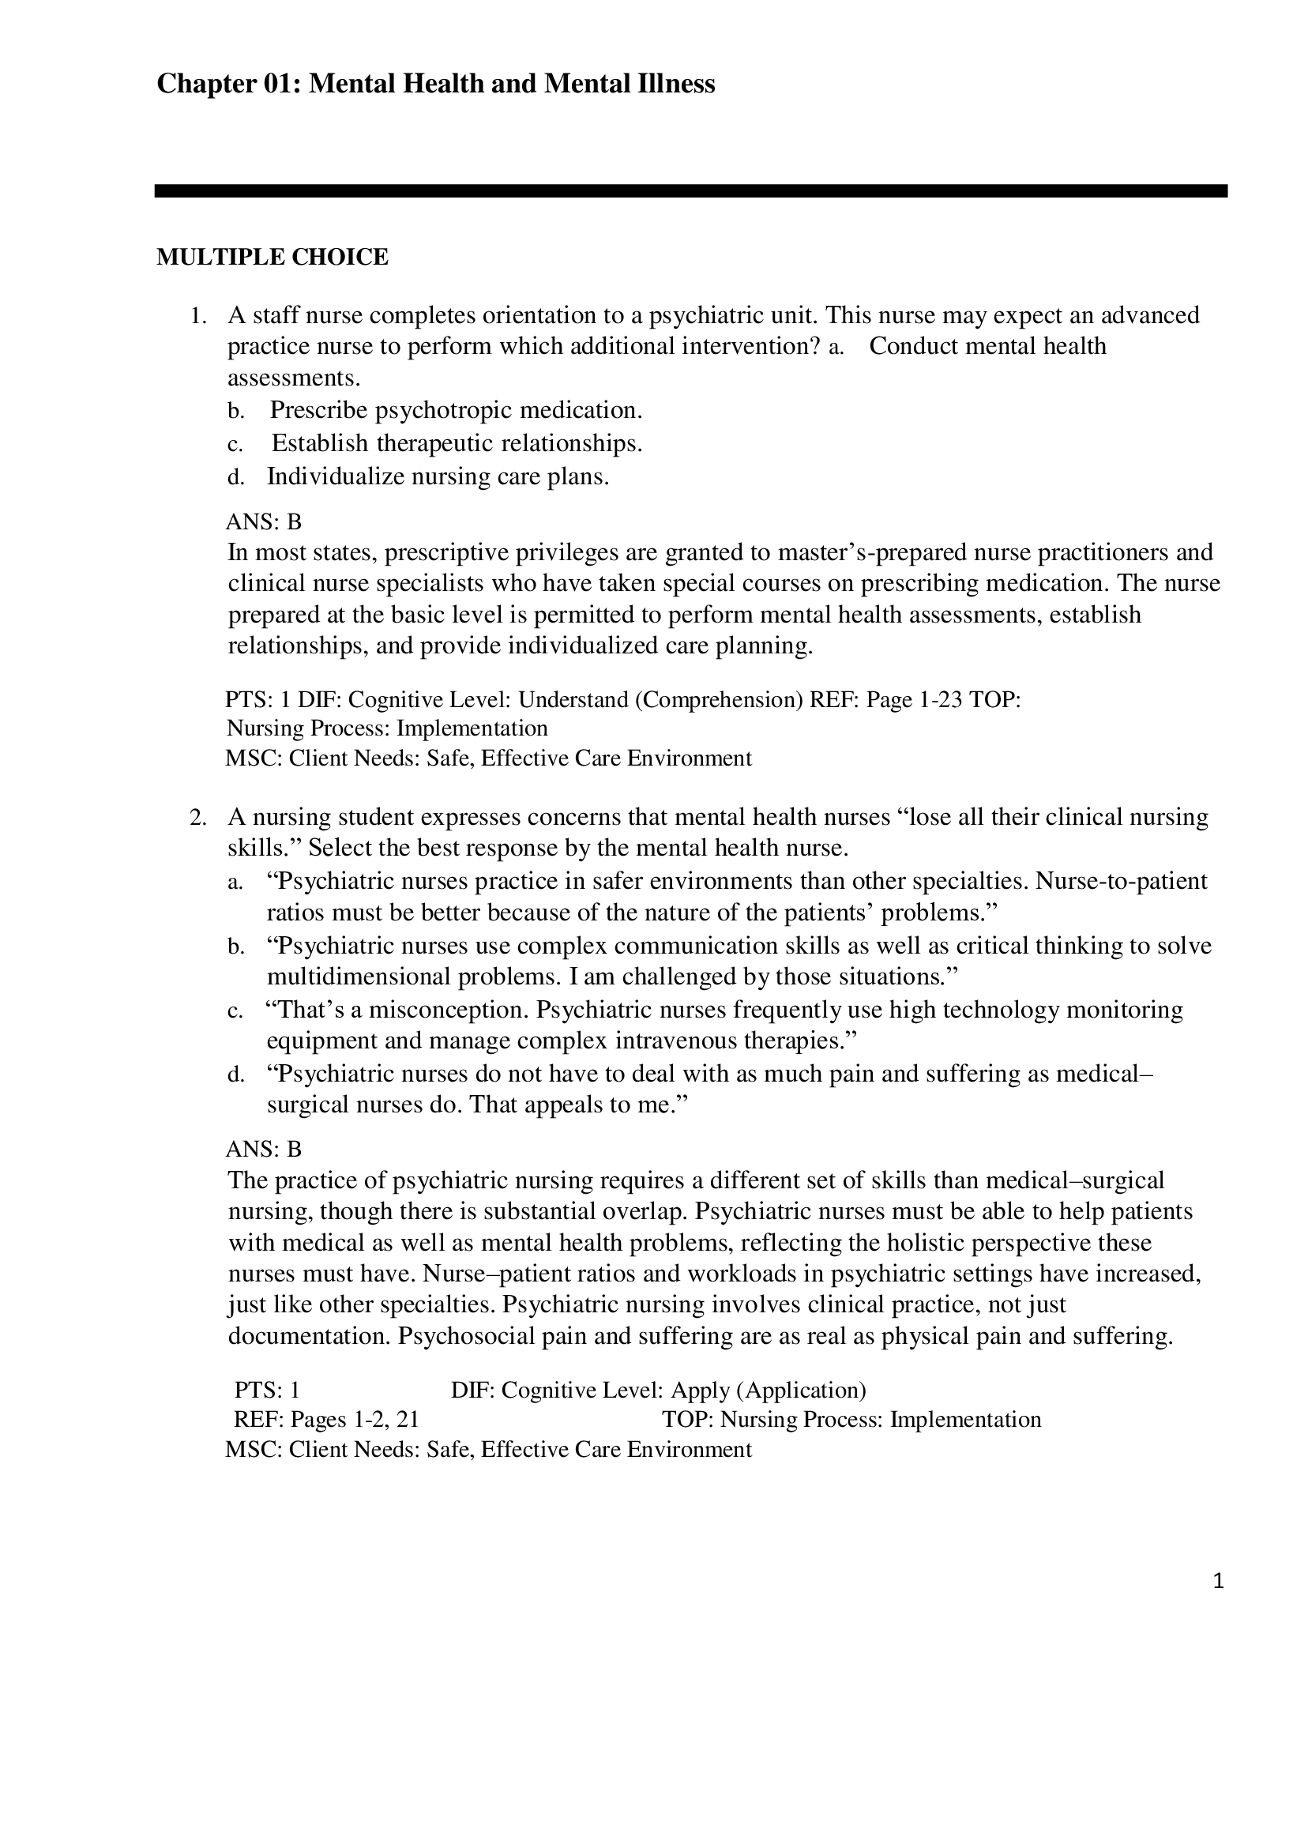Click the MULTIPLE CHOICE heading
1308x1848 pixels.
click(272, 257)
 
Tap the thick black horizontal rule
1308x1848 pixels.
click(690, 191)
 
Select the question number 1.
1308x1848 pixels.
click(197, 315)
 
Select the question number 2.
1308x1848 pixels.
click(197, 818)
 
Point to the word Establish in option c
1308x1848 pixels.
click(320, 443)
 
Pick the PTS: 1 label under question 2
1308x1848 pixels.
click(267, 1391)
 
